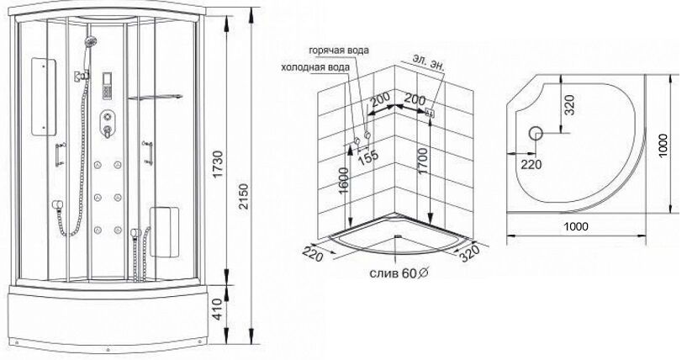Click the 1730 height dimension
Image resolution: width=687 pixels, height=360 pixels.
pyautogui.click(x=217, y=164)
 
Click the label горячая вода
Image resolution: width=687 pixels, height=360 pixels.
pyautogui.click(x=339, y=50)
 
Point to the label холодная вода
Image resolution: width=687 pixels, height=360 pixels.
pyautogui.click(x=315, y=67)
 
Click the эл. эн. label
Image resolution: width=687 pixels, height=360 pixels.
pyautogui.click(x=429, y=61)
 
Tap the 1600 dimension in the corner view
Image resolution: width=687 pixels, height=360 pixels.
pyautogui.click(x=345, y=181)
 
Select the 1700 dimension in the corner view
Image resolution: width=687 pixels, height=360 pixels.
pyautogui.click(x=422, y=161)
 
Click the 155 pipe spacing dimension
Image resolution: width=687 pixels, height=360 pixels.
pyautogui.click(x=368, y=156)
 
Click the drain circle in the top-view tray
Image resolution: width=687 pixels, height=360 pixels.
pyautogui.click(x=536, y=133)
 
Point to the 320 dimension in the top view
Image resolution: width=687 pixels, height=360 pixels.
pyautogui.click(x=568, y=105)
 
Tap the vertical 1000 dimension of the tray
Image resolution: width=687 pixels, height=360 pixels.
pyautogui.click(x=663, y=146)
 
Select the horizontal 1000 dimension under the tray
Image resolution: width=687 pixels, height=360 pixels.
pyautogui.click(x=576, y=226)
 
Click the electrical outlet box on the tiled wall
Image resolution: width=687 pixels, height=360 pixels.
pyautogui.click(x=430, y=113)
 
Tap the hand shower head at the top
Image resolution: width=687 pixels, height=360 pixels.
pyautogui.click(x=91, y=42)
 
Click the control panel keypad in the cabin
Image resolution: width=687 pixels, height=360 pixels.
pyautogui.click(x=107, y=86)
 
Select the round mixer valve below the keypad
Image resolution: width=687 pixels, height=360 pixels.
pyautogui.click(x=107, y=118)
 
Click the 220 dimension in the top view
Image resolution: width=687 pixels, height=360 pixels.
pyautogui.click(x=531, y=164)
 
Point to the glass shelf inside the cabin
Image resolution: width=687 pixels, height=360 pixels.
pyautogui.click(x=155, y=97)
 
